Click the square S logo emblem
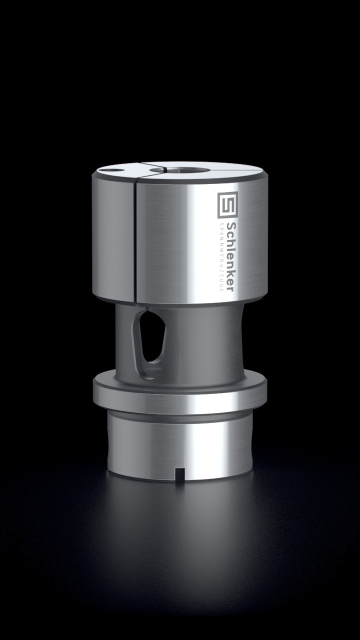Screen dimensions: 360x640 pos(227,205)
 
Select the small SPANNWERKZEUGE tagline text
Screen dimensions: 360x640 pos(221,257)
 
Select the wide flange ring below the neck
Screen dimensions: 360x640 pos(179,393)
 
